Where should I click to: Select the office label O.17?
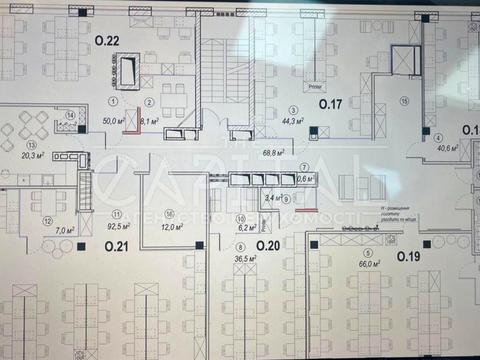[332, 103]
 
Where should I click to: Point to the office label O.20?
[268, 245]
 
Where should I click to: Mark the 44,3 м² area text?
[293, 123]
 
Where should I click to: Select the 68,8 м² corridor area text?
[274, 153]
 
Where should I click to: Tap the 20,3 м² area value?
[34, 155]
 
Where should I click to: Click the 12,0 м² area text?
[172, 228]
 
